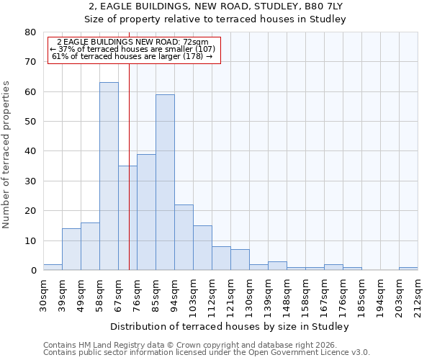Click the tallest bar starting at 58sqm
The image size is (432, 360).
(109, 176)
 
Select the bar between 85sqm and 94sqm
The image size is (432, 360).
(165, 183)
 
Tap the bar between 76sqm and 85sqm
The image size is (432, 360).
(146, 212)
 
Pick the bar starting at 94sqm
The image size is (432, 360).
(184, 238)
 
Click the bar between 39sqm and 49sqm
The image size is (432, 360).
(71, 249)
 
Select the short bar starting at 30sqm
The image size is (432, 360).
(53, 267)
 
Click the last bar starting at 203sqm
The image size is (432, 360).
(408, 269)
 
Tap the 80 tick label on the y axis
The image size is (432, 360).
(30, 32)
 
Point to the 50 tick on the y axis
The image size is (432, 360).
(30, 122)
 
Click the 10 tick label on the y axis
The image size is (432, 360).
(30, 240)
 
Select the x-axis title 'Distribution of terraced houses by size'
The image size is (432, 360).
(230, 327)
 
